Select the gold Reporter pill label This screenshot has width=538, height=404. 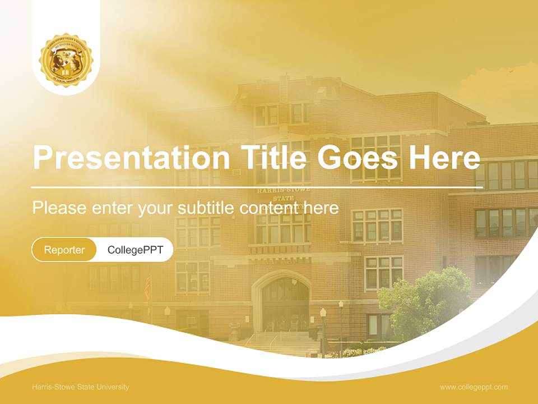tap(64, 250)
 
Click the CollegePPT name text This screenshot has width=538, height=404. tap(135, 250)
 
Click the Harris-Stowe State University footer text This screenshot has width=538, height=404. tap(81, 387)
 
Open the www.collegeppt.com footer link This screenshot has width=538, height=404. tap(474, 387)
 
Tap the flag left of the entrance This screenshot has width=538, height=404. tap(148, 287)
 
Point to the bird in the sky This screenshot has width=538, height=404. tap(510, 71)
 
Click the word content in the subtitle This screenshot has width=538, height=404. tap(270, 208)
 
